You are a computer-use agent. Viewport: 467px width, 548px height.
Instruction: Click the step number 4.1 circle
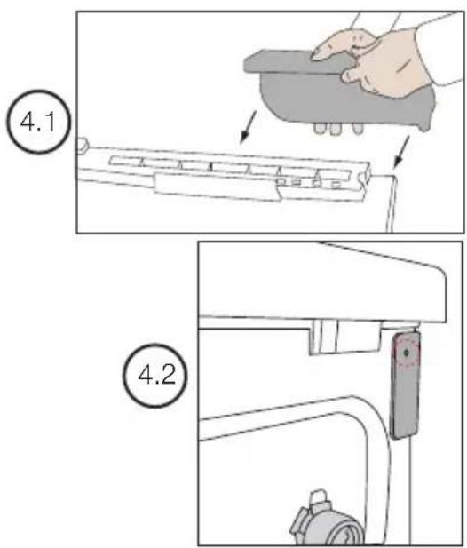pyautogui.click(x=38, y=122)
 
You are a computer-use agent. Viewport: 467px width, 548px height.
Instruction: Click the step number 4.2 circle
pyautogui.click(x=155, y=376)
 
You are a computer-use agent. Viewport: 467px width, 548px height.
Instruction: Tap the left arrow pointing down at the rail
pyautogui.click(x=248, y=127)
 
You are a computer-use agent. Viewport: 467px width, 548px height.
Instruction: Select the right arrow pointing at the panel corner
pyautogui.click(x=401, y=152)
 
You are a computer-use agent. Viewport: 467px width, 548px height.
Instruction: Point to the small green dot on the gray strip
pyautogui.click(x=407, y=353)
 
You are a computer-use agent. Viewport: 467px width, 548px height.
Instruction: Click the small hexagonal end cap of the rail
pyautogui.click(x=82, y=146)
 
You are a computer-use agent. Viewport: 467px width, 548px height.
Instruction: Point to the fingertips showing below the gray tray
pyautogui.click(x=337, y=128)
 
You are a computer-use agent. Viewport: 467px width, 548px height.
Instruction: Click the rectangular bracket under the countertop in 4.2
pyautogui.click(x=344, y=337)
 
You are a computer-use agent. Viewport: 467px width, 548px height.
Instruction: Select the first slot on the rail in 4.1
pyautogui.click(x=126, y=161)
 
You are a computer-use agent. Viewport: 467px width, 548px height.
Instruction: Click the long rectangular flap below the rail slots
pyautogui.click(x=218, y=187)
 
